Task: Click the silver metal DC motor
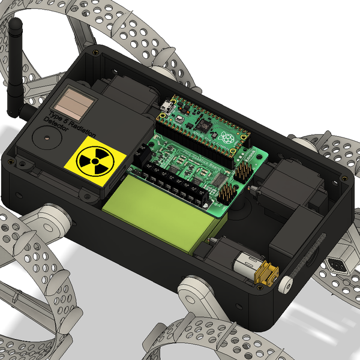pyautogui.click(x=246, y=264)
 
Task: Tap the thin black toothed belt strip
pyautogui.click(x=312, y=258)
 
